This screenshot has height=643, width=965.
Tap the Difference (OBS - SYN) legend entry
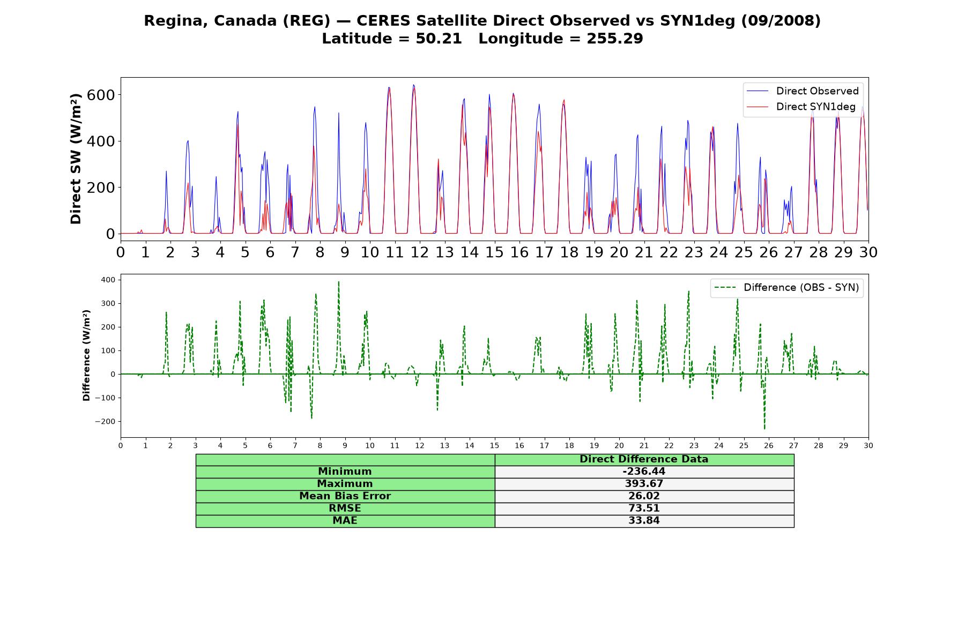pyautogui.click(x=786, y=288)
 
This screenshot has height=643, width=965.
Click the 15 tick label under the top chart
pyautogui.click(x=494, y=252)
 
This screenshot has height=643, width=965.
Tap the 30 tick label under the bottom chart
pyautogui.click(x=868, y=445)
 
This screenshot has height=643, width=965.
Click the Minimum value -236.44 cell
pyautogui.click(x=644, y=472)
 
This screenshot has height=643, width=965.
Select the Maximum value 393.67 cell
pyautogui.click(x=644, y=484)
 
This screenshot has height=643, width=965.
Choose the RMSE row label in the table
pyautogui.click(x=345, y=509)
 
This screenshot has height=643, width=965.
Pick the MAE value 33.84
pyautogui.click(x=644, y=521)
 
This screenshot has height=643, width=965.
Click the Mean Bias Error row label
pyautogui.click(x=345, y=496)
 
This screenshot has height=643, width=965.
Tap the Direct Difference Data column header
pyautogui.click(x=644, y=459)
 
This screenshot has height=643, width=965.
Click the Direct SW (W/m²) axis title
pyautogui.click(x=76, y=159)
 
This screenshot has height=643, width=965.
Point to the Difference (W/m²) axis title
pyautogui.click(x=86, y=355)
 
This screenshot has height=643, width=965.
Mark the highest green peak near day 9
pyautogui.click(x=338, y=282)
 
